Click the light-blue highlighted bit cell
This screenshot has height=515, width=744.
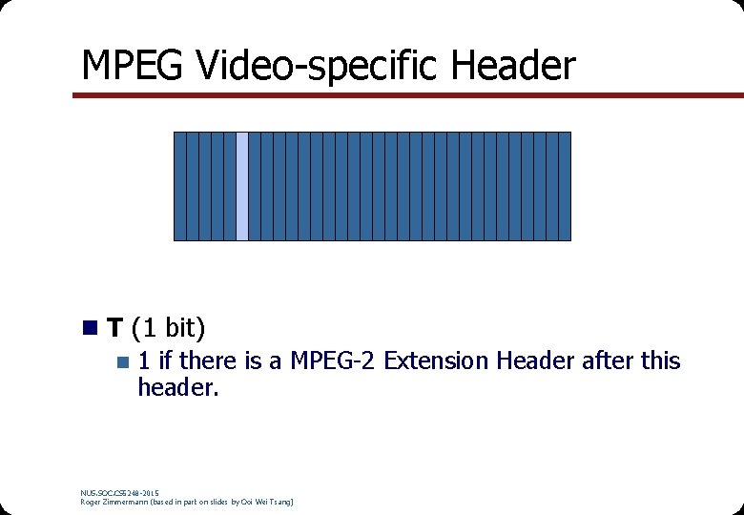[242, 186]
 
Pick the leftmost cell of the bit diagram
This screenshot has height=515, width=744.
[179, 186]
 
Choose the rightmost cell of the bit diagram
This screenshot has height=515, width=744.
[565, 186]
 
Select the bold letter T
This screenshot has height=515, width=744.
[114, 329]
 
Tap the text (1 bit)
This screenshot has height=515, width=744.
[169, 329]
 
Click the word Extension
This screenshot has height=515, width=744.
[436, 361]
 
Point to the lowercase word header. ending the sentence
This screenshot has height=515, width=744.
[178, 388]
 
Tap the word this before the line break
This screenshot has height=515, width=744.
[661, 361]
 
